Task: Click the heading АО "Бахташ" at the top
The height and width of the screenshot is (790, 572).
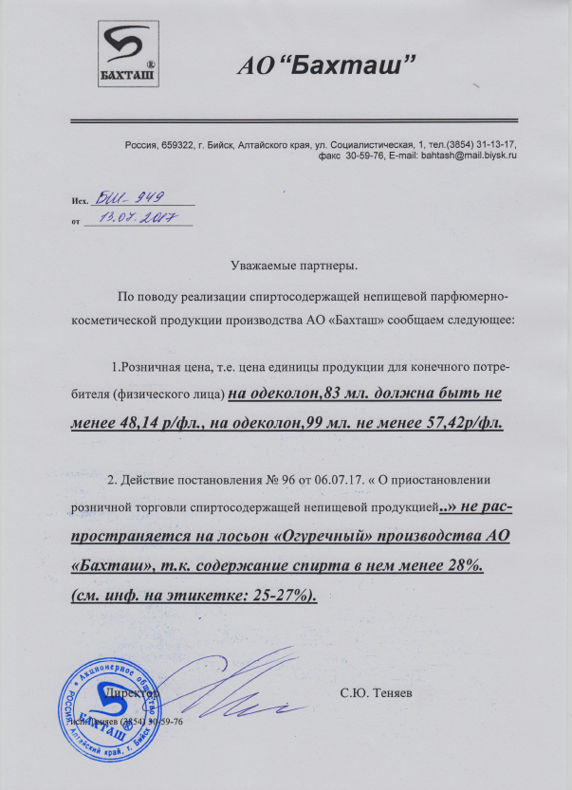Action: point(326,66)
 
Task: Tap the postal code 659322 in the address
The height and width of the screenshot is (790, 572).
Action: point(176,143)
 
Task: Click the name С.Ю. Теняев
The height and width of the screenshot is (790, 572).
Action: point(376,695)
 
